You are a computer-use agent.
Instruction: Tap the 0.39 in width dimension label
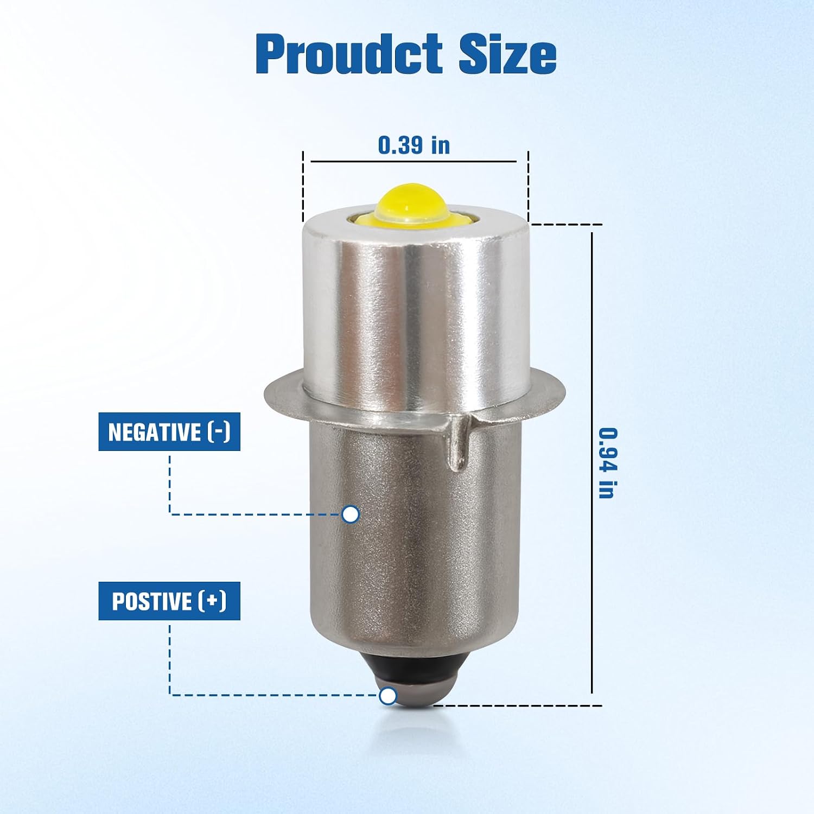pos(414,145)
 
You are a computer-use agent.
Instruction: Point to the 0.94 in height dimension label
pos(608,463)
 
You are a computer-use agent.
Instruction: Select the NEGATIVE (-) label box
pos(169,432)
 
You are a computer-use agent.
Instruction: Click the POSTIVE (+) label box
pos(169,601)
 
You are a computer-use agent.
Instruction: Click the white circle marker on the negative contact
pos(351,514)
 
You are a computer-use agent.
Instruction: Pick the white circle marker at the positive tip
pos(387,696)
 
